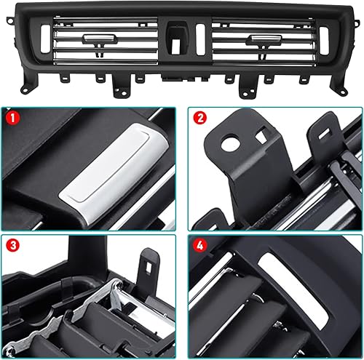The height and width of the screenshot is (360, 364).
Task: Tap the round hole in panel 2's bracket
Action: tap(230, 143)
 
